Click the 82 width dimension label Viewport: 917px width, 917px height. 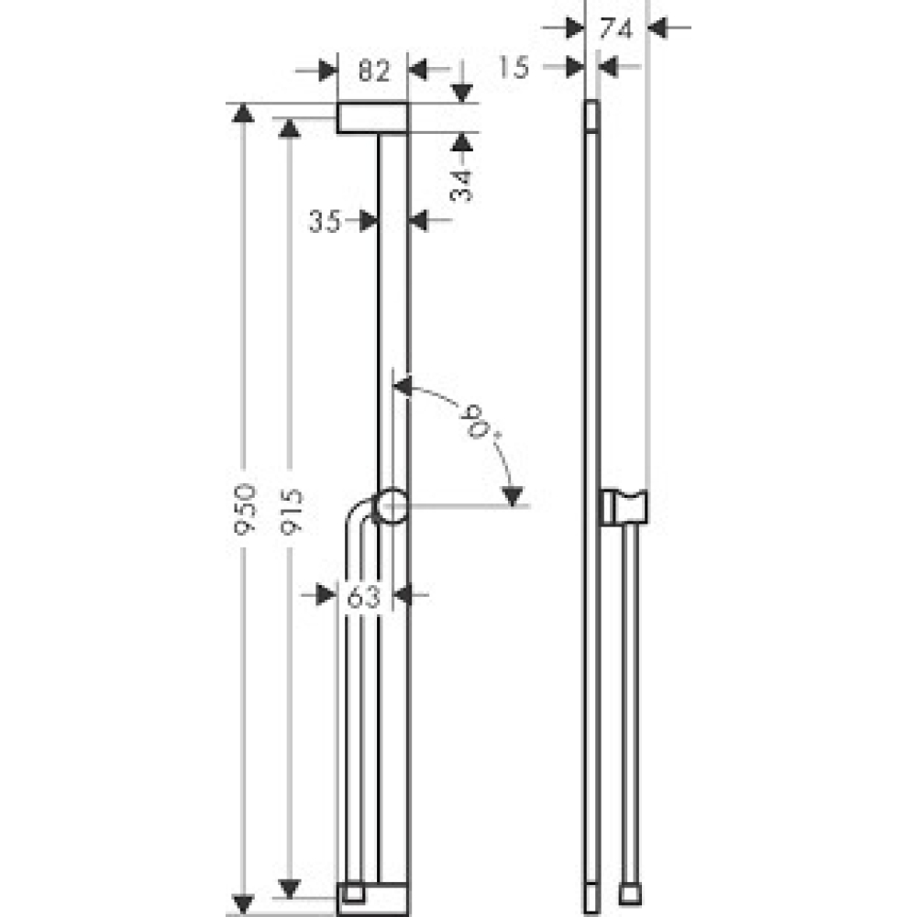pyautogui.click(x=373, y=70)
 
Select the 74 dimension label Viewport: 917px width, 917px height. pyautogui.click(x=616, y=28)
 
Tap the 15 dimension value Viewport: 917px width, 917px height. pyautogui.click(x=515, y=66)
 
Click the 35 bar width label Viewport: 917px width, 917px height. pyautogui.click(x=324, y=220)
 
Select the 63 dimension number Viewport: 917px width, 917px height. pyautogui.click(x=364, y=596)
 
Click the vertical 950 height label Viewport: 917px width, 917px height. pyautogui.click(x=243, y=510)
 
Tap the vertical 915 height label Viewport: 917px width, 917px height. pyautogui.click(x=290, y=510)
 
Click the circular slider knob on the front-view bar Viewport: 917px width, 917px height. pyautogui.click(x=392, y=506)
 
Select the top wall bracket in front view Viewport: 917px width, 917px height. pyautogui.click(x=372, y=118)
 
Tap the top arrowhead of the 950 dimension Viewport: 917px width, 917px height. pyautogui.click(x=242, y=114)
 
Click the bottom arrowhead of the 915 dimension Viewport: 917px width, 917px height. pyautogui.click(x=290, y=888)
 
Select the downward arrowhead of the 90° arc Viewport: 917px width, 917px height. pyautogui.click(x=513, y=496)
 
